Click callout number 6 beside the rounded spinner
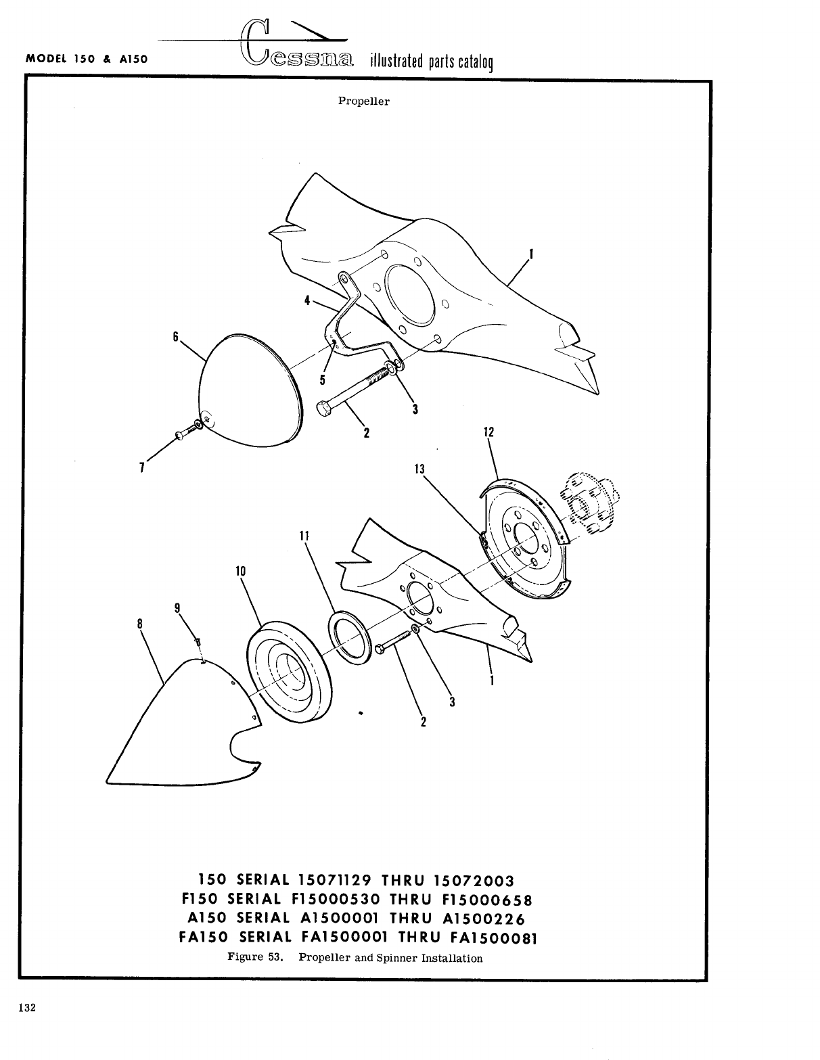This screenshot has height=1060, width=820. click(x=175, y=336)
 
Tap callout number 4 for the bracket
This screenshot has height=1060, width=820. click(x=307, y=300)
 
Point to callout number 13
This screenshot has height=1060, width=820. click(x=420, y=468)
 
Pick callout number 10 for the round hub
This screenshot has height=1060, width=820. click(x=240, y=571)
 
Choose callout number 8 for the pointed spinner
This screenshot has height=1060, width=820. click(x=139, y=624)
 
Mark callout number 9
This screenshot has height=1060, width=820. click(x=177, y=607)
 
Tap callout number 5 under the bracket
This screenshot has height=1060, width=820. click(x=323, y=380)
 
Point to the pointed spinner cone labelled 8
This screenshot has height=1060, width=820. click(x=176, y=731)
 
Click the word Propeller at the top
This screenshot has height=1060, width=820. click(x=363, y=101)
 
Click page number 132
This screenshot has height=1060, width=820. click(x=27, y=1007)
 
